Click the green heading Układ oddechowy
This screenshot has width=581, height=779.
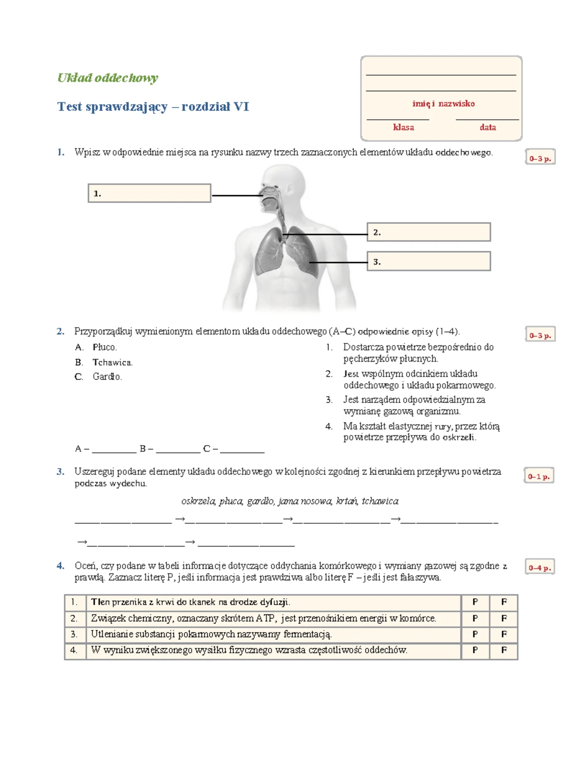(x=107, y=78)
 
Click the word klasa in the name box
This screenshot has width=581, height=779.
(x=403, y=127)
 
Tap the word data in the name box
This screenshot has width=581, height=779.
(x=488, y=127)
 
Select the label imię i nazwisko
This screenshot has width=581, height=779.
(x=443, y=104)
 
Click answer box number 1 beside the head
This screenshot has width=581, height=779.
(x=149, y=193)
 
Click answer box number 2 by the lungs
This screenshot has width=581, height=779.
(x=428, y=232)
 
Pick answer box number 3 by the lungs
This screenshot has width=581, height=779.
(x=428, y=261)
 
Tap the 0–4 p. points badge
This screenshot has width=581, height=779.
(x=540, y=567)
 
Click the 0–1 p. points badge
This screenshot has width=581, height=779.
(x=539, y=476)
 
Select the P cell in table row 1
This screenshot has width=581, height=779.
(x=475, y=602)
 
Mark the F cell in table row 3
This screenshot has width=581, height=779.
(x=504, y=634)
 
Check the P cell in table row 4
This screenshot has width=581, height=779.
(x=475, y=650)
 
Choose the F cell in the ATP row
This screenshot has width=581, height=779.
(x=504, y=618)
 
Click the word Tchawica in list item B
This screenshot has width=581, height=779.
(x=112, y=362)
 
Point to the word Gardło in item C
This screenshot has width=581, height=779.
(x=107, y=376)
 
